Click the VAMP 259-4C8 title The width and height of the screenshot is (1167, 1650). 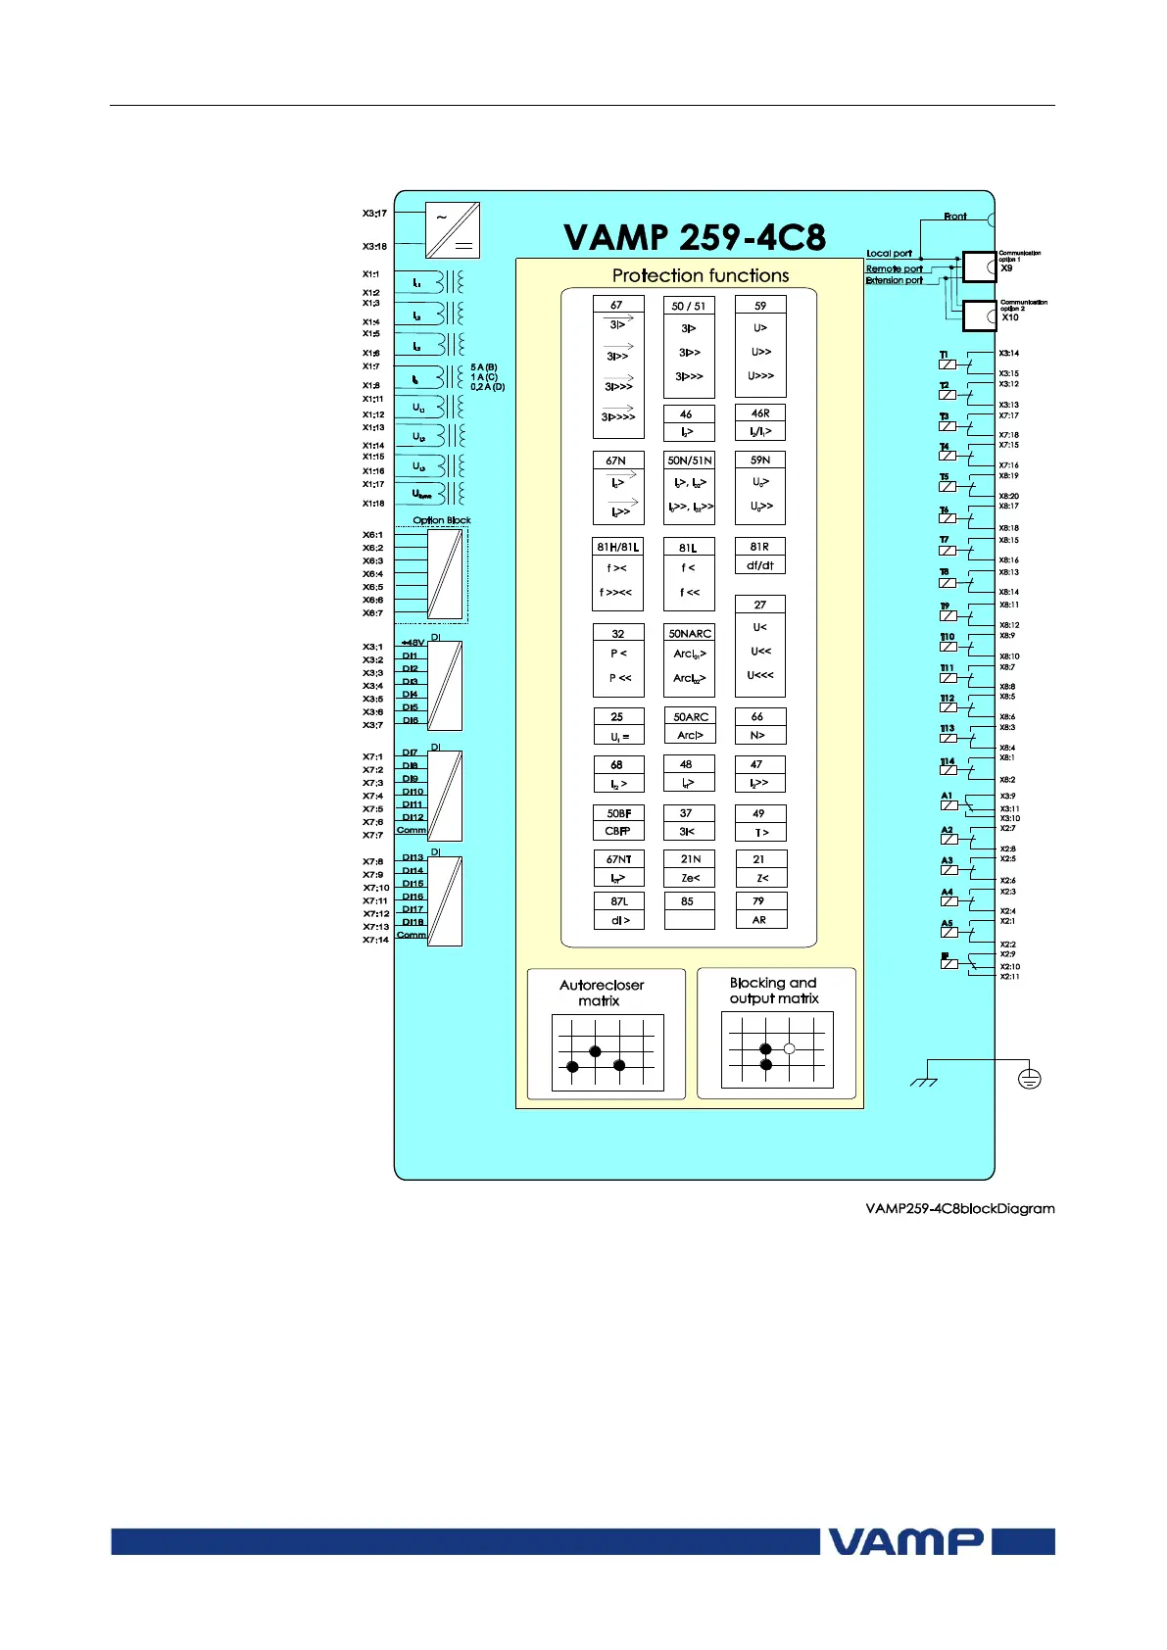[694, 237]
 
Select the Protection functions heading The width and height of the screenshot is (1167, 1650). [700, 275]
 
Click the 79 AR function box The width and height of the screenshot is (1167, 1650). [760, 910]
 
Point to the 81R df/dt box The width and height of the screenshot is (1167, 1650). [760, 556]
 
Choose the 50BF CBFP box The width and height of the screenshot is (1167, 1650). [618, 822]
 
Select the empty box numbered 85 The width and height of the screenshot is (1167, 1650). [689, 910]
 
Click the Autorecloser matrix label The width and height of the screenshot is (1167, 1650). [601, 993]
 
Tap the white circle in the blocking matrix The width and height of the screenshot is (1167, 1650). [789, 1048]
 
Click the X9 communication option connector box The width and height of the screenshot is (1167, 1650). [979, 267]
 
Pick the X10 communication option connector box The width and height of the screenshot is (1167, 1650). [979, 315]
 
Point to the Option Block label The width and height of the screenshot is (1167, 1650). [442, 520]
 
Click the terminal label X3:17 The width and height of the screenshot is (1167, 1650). [374, 213]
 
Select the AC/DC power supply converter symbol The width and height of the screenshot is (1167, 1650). [453, 230]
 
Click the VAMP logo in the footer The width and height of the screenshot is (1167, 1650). [905, 1541]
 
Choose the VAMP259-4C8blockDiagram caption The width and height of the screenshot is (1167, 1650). [959, 1208]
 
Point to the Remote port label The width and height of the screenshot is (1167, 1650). [894, 268]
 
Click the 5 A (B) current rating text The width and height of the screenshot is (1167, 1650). [484, 367]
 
